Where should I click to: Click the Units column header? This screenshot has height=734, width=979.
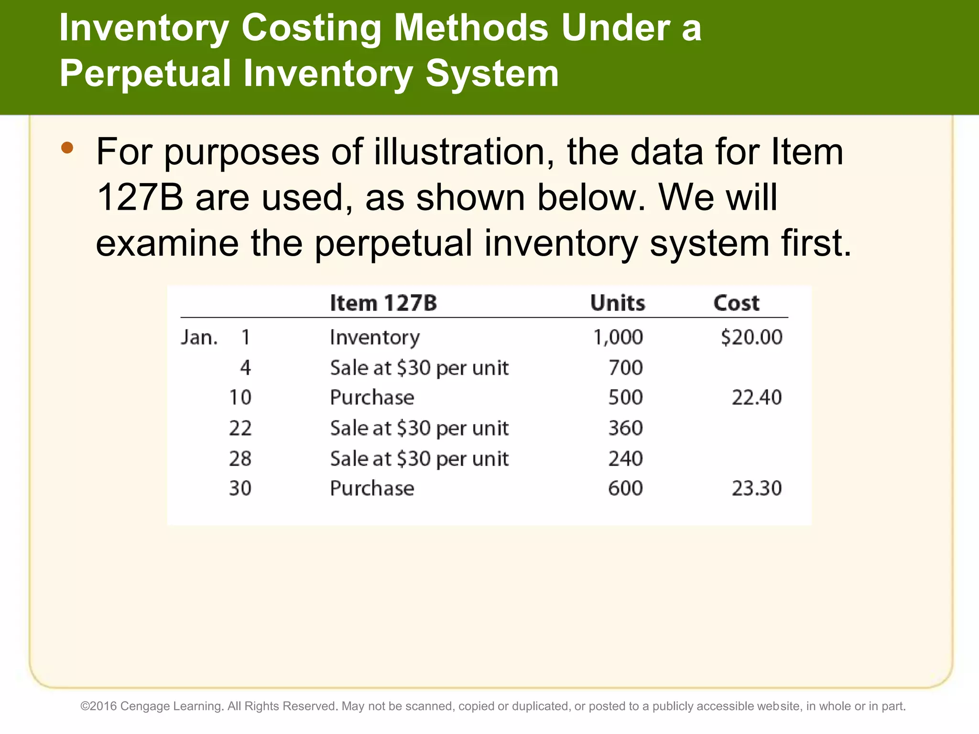click(618, 303)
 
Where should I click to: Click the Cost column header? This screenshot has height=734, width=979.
click(736, 303)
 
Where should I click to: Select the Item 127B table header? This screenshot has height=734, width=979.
click(383, 303)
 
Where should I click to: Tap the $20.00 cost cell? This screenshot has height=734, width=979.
click(751, 337)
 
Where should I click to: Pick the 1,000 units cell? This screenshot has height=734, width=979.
click(618, 337)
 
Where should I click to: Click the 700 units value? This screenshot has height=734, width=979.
click(625, 368)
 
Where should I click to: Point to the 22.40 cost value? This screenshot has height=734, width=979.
click(757, 398)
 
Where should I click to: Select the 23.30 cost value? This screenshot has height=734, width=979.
click(757, 488)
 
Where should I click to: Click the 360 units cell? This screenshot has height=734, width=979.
click(625, 428)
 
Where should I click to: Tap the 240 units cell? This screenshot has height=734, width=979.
click(625, 459)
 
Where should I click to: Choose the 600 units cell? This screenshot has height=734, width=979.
click(625, 488)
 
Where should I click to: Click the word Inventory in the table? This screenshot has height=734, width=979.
click(375, 337)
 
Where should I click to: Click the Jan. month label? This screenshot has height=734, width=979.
click(199, 337)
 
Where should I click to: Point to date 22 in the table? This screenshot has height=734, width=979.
click(240, 428)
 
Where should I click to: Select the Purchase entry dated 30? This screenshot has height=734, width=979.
click(372, 488)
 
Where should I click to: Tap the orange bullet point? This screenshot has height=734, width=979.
click(67, 148)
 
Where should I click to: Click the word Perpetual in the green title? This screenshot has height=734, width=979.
click(145, 74)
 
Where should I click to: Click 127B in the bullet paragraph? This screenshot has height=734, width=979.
click(140, 197)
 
